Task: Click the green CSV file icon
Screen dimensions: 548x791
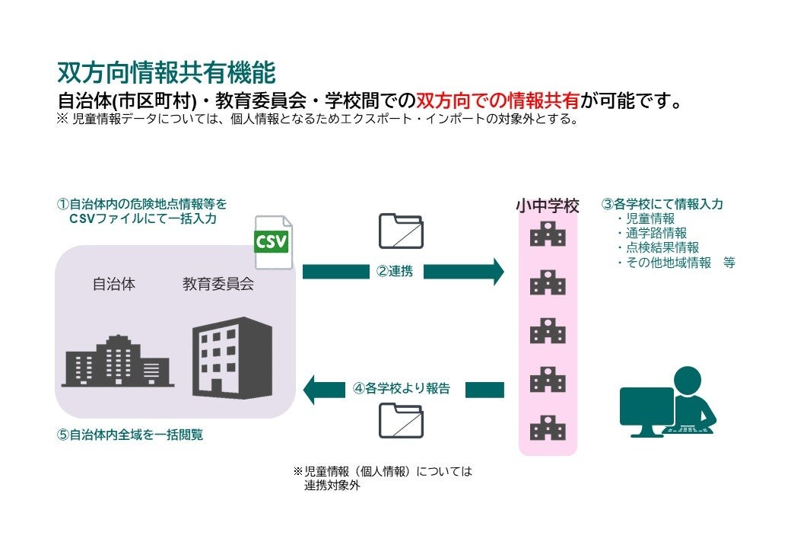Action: point(272,241)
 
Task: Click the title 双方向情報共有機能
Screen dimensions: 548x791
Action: point(166,72)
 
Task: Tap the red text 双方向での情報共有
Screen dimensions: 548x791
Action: point(498,100)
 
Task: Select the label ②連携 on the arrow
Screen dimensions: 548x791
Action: point(395,271)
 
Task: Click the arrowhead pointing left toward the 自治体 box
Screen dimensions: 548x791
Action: point(313,390)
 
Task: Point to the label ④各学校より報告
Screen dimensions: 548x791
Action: point(402,389)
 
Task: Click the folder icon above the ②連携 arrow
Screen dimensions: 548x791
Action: point(401,230)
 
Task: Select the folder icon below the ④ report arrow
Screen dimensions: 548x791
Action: point(401,420)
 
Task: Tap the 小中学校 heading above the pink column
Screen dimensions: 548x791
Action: point(548,205)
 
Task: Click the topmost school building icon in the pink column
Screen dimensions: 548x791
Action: point(548,234)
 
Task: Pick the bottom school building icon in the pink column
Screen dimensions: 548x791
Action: point(548,428)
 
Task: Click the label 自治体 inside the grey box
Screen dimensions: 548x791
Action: point(114,285)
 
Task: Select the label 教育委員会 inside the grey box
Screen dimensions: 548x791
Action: point(218,285)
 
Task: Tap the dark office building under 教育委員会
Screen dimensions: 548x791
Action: point(232,358)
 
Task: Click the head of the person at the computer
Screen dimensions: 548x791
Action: point(688,381)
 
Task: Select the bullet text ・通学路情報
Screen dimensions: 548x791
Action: point(652,233)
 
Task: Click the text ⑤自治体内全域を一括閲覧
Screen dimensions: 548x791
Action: point(130,436)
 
